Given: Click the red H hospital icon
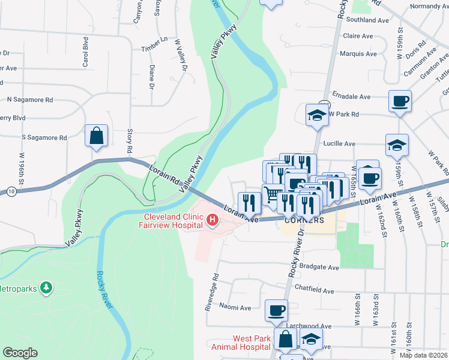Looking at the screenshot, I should pos(212,221).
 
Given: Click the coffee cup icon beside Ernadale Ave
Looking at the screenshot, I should pos(400,101).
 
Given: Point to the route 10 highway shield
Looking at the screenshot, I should pos(11,191).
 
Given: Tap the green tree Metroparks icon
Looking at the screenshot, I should pos(46,288).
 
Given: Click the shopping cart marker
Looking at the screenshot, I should pos(273,195).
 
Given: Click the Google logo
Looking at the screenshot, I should pos(19,353).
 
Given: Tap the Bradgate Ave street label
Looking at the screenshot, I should pos(318,268).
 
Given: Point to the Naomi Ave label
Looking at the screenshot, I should pos(235,307).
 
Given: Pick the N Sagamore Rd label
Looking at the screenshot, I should pos(30,100).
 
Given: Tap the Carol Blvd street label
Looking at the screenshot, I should pos(86,52).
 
